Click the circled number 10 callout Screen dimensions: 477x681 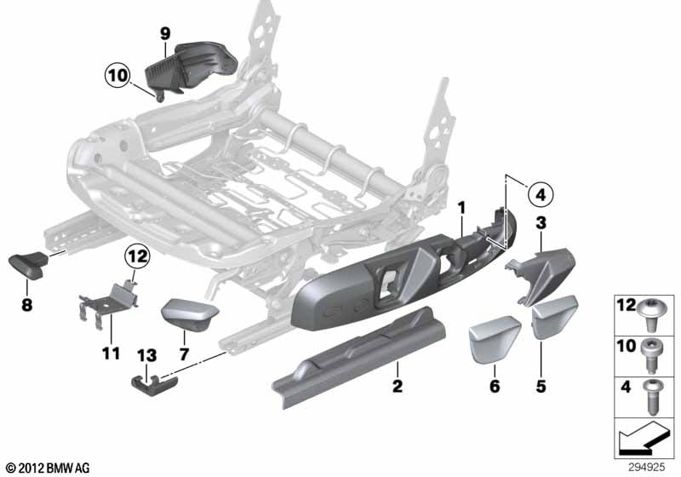[117, 75]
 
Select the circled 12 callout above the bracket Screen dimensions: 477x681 [135, 254]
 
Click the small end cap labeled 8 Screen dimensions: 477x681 [31, 266]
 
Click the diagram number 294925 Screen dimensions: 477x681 [653, 467]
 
